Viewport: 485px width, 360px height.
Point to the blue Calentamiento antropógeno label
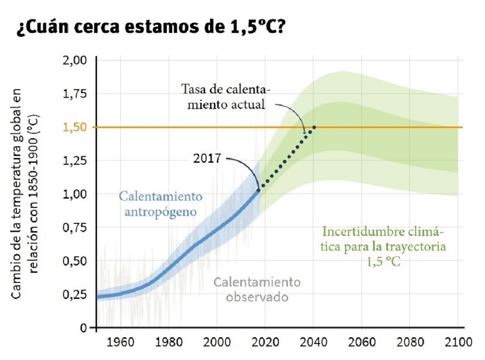161,204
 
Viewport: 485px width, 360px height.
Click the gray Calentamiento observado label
257,289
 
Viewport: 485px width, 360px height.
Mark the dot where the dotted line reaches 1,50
314,127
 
